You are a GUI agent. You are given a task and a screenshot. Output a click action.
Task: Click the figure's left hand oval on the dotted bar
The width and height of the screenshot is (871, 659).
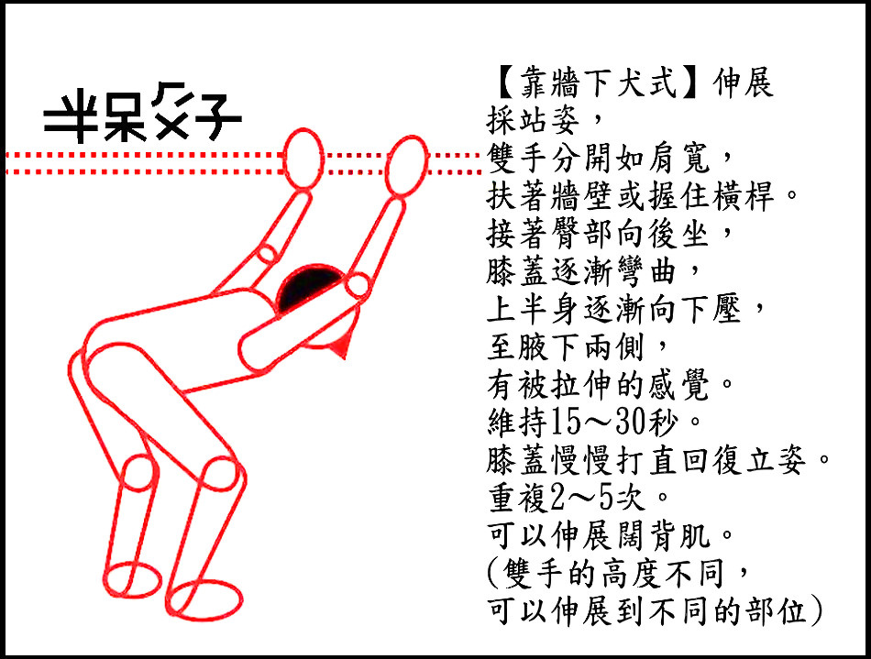tap(303, 159)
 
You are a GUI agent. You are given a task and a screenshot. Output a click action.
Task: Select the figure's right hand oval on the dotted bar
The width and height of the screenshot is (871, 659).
tap(407, 166)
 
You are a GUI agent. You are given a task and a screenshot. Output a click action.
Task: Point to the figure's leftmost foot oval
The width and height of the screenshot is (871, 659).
tap(133, 579)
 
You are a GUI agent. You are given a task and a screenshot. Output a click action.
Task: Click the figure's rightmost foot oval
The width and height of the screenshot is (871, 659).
tap(204, 599)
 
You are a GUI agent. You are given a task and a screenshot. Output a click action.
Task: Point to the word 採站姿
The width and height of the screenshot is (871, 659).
tap(534, 120)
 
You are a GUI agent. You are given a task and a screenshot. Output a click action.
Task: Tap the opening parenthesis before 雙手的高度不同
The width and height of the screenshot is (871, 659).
tap(494, 573)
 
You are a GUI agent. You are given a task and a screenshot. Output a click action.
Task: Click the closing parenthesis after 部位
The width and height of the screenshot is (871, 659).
tap(816, 610)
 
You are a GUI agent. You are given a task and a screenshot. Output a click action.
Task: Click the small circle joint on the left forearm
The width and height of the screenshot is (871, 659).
tap(267, 254)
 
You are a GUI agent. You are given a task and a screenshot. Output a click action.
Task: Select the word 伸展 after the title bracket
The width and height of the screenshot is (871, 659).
tap(743, 83)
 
